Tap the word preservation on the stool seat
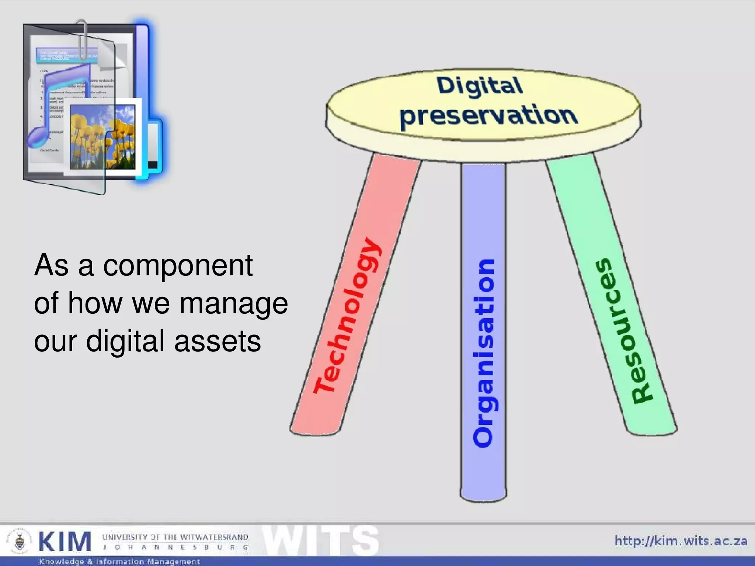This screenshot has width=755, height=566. click(488, 116)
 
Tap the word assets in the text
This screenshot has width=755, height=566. click(218, 341)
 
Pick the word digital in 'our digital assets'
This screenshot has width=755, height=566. click(125, 341)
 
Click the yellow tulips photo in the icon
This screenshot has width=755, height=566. click(102, 136)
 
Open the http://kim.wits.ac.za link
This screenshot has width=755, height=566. click(681, 541)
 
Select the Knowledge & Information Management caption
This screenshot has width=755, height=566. click(119, 562)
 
